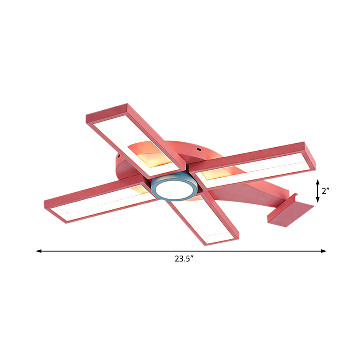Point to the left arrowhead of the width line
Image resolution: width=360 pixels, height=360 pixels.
point(39,251)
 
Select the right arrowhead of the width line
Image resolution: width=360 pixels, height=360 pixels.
point(324,251)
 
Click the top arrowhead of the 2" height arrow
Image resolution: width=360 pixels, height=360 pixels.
point(318,180)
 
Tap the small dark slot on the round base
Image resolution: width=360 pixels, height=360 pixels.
point(198,149)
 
